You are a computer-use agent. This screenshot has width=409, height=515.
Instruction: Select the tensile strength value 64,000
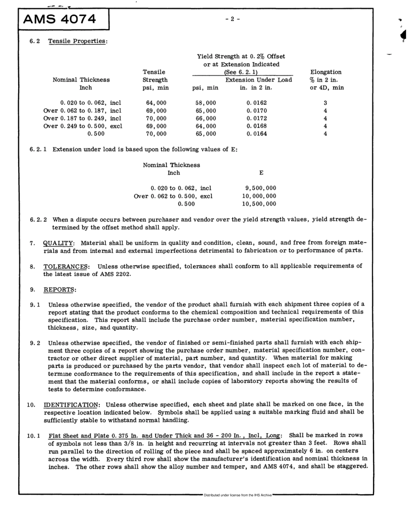[153, 103]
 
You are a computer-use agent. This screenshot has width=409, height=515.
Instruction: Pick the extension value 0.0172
[260, 118]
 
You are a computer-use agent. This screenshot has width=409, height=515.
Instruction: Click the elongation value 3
[325, 103]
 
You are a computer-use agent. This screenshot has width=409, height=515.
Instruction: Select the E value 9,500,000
[260, 188]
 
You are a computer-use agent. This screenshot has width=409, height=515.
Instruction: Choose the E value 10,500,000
[260, 203]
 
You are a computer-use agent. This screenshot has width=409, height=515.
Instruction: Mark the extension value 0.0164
[260, 134]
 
